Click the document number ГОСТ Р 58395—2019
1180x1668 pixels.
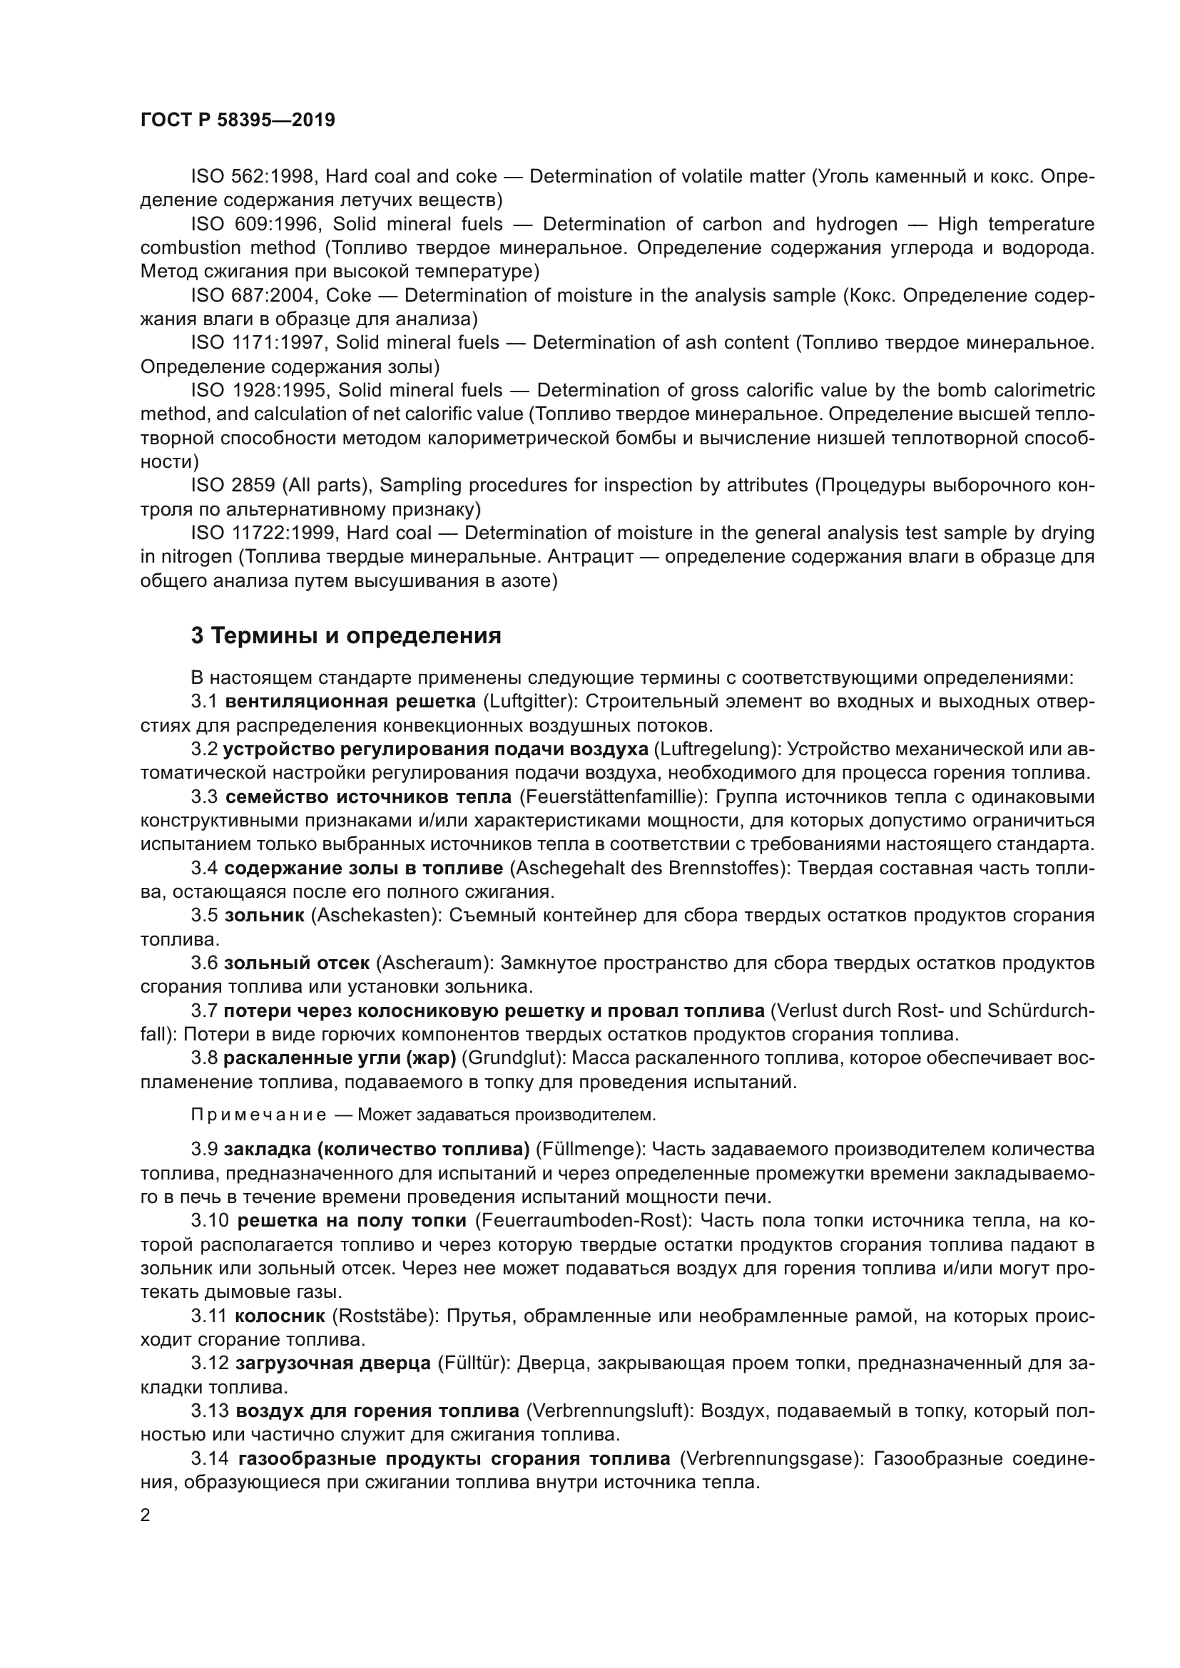(x=238, y=120)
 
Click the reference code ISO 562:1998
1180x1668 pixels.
(x=253, y=177)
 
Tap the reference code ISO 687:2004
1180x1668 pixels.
(x=253, y=296)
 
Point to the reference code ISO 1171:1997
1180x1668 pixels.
(x=259, y=343)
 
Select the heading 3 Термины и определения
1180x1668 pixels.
(x=346, y=636)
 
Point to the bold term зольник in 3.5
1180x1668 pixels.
(x=265, y=916)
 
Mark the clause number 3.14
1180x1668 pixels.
(x=210, y=1458)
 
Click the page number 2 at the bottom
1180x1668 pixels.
(x=146, y=1515)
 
